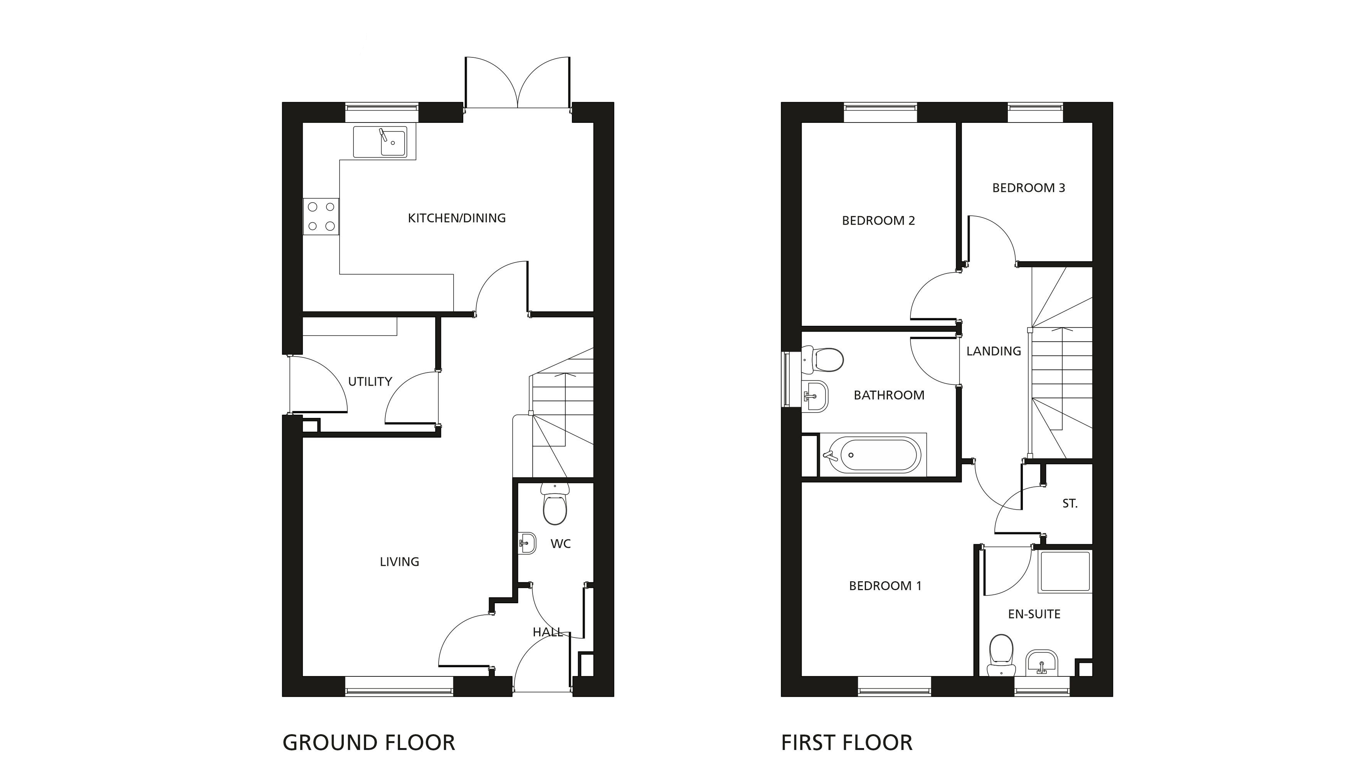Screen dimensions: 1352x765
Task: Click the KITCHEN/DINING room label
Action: (x=456, y=218)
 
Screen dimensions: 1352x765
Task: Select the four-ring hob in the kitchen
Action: (x=321, y=216)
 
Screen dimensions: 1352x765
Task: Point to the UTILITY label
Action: (x=370, y=381)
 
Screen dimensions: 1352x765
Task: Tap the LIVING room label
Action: (x=400, y=562)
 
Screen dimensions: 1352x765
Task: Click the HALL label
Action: (x=548, y=632)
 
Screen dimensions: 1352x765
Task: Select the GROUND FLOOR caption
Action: (x=368, y=743)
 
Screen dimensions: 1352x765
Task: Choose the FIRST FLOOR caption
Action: (x=847, y=743)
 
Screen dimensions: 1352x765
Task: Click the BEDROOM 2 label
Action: (x=878, y=221)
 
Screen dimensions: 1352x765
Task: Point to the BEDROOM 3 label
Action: (x=1029, y=188)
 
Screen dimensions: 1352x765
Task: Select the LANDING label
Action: (x=994, y=351)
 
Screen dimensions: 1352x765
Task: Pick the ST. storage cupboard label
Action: (x=1070, y=504)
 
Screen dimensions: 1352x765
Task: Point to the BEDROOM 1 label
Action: (x=885, y=586)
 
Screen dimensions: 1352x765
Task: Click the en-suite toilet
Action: (x=1001, y=655)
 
